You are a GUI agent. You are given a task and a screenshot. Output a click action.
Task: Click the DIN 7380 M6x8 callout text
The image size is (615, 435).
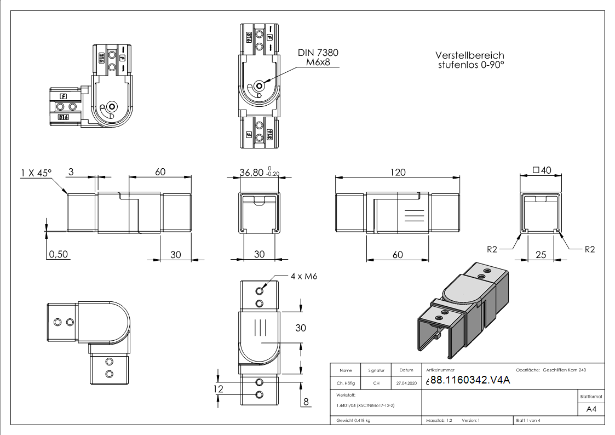318,58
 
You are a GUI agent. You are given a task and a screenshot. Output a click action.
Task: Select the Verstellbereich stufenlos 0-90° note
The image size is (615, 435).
469,60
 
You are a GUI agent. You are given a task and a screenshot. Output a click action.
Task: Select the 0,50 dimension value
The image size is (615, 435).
59,254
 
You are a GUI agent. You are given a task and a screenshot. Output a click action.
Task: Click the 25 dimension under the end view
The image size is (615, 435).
541,254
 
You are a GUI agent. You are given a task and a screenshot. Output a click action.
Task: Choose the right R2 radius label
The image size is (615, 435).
589,249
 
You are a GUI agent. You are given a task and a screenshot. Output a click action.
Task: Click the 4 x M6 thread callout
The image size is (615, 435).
304,276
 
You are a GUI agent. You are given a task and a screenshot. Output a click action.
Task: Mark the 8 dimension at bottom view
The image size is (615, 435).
306,402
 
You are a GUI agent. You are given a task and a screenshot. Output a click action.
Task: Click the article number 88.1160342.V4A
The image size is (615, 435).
470,381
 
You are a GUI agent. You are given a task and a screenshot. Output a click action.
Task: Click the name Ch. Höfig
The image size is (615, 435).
346,383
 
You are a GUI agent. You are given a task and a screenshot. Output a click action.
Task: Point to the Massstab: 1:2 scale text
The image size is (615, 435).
439,421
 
